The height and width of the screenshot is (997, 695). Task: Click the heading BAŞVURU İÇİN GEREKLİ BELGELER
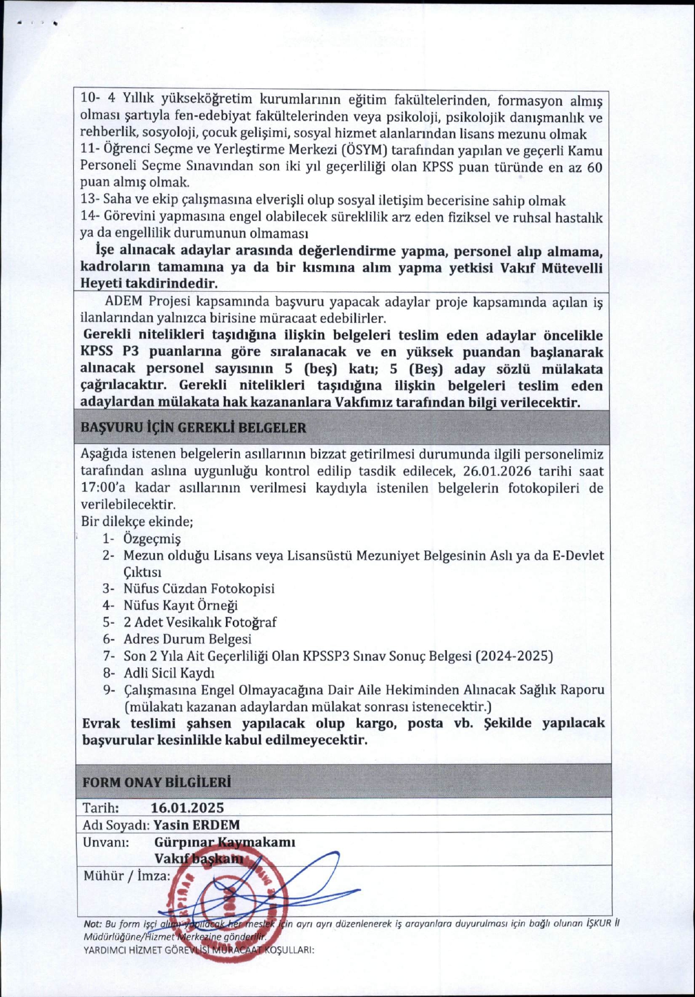pos(193,428)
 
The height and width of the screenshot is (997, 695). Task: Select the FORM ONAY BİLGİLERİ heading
pos(157,782)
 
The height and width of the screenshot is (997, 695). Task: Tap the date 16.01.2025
pos(188,807)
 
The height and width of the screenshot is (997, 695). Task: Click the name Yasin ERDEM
pos(197,825)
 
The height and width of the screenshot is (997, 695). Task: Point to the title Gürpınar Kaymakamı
pos(224,842)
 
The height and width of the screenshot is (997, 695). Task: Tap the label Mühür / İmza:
pos(127,876)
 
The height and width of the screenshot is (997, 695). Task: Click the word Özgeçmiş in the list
pos(152,538)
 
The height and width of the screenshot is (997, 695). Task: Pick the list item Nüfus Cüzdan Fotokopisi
pos(198,588)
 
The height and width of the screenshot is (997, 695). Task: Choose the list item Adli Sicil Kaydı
pos(169,673)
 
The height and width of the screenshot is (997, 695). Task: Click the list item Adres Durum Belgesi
pos(187,639)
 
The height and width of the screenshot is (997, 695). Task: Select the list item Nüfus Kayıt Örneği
pos(180,605)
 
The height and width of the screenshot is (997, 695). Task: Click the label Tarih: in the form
pos(101,808)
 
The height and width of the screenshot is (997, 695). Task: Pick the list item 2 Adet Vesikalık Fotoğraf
pos(199,622)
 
